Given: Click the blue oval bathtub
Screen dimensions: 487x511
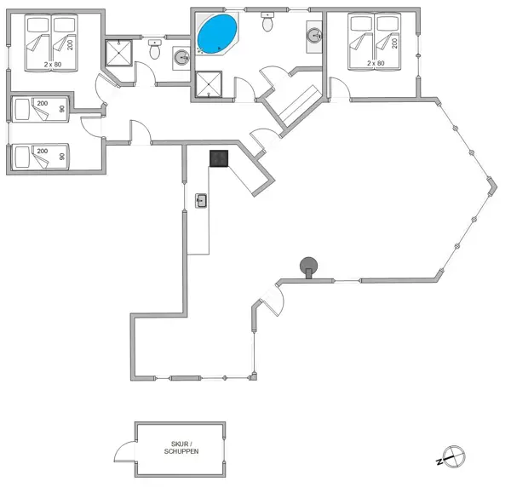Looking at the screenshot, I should pyautogui.click(x=216, y=35).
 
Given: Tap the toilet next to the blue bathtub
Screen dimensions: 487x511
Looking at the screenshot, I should pyautogui.click(x=268, y=22).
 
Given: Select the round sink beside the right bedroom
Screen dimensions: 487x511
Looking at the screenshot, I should pyautogui.click(x=313, y=36).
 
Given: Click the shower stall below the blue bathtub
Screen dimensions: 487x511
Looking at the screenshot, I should pyautogui.click(x=208, y=85).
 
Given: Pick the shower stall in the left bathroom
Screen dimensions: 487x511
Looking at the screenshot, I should pyautogui.click(x=118, y=54).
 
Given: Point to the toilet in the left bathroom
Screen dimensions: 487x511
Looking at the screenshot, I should pyautogui.click(x=154, y=50).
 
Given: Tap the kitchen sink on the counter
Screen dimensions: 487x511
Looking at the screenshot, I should pyautogui.click(x=202, y=201).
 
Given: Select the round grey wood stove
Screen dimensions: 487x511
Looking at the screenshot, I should pyautogui.click(x=307, y=266).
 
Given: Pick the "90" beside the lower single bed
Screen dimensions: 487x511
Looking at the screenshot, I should pyautogui.click(x=61, y=158).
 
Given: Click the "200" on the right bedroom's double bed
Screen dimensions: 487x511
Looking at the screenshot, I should pyautogui.click(x=394, y=42).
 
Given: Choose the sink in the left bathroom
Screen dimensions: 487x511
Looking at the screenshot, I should pyautogui.click(x=181, y=58).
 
